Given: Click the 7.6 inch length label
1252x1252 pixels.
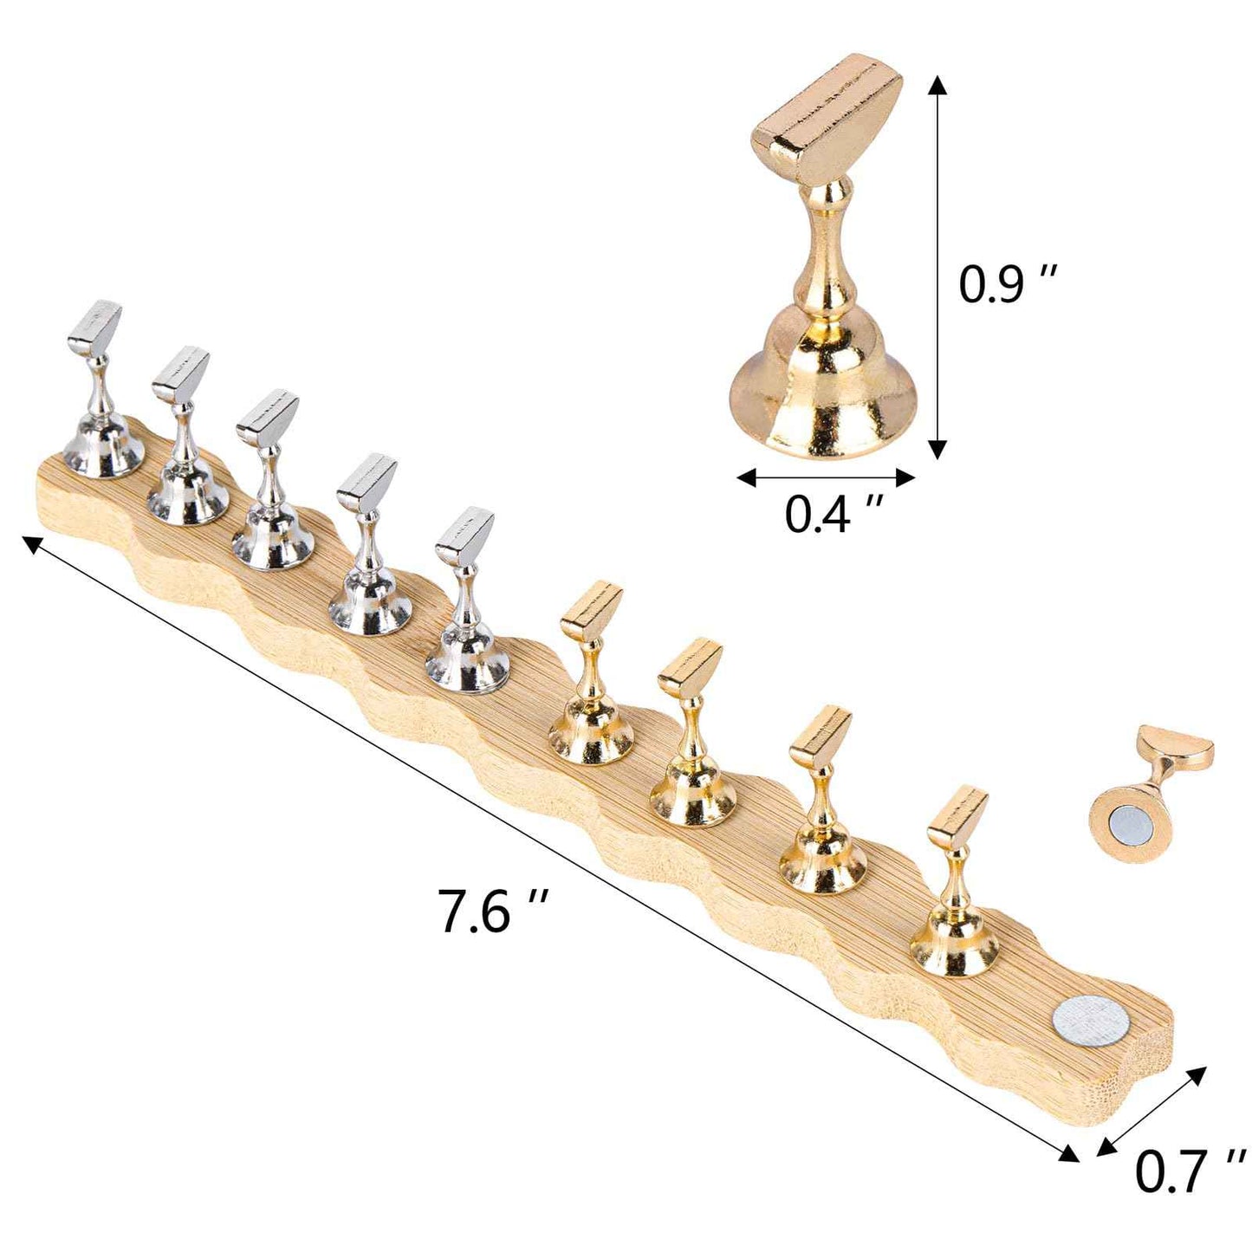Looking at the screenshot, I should [495, 910].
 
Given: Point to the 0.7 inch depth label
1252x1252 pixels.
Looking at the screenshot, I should [1190, 1171].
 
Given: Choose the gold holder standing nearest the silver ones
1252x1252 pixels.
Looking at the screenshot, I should [591, 676].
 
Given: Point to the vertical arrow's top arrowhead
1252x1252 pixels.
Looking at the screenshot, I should [937, 84].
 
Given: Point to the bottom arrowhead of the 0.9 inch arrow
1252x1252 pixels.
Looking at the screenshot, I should [937, 449].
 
